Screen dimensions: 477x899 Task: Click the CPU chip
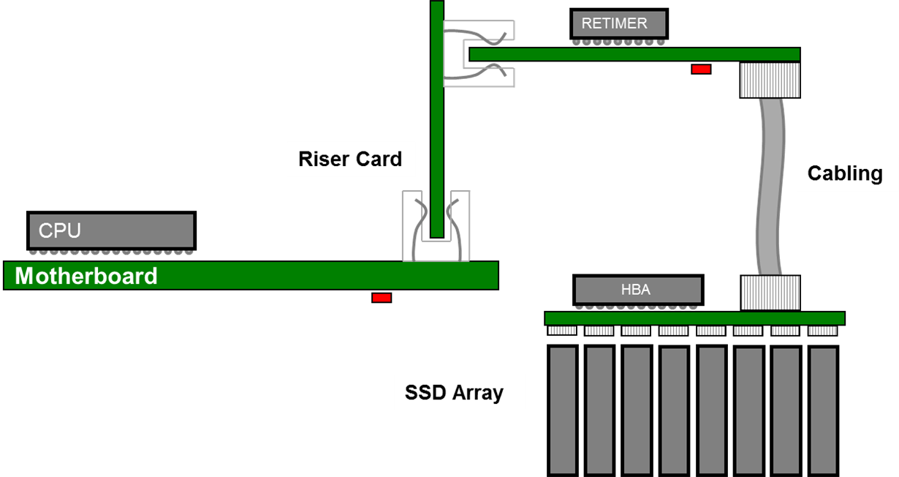(111, 230)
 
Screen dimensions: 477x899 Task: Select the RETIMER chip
(619, 23)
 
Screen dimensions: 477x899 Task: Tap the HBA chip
(637, 290)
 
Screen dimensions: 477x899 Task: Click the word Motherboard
(86, 276)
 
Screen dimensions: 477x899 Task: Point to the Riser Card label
(351, 159)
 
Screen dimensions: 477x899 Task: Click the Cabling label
(845, 173)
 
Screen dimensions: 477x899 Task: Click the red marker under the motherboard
(382, 298)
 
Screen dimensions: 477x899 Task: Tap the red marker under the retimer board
(701, 69)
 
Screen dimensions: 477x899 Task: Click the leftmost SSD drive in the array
(563, 410)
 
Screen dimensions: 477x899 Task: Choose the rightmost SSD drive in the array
(823, 410)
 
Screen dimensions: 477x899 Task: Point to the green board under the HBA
(694, 318)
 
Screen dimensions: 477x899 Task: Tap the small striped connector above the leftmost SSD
(562, 331)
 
